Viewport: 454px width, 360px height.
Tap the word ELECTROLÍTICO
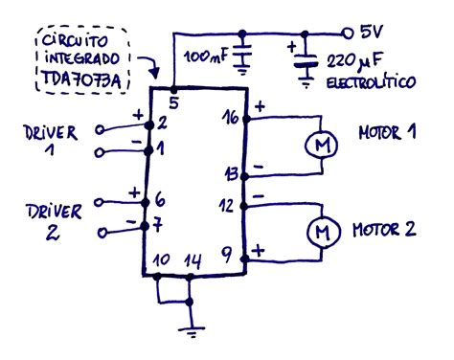click(370, 83)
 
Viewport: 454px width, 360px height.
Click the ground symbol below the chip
click(191, 330)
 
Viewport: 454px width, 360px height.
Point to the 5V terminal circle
click(350, 31)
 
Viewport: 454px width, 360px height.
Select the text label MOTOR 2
click(383, 230)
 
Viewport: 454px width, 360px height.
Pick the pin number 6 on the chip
click(159, 201)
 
